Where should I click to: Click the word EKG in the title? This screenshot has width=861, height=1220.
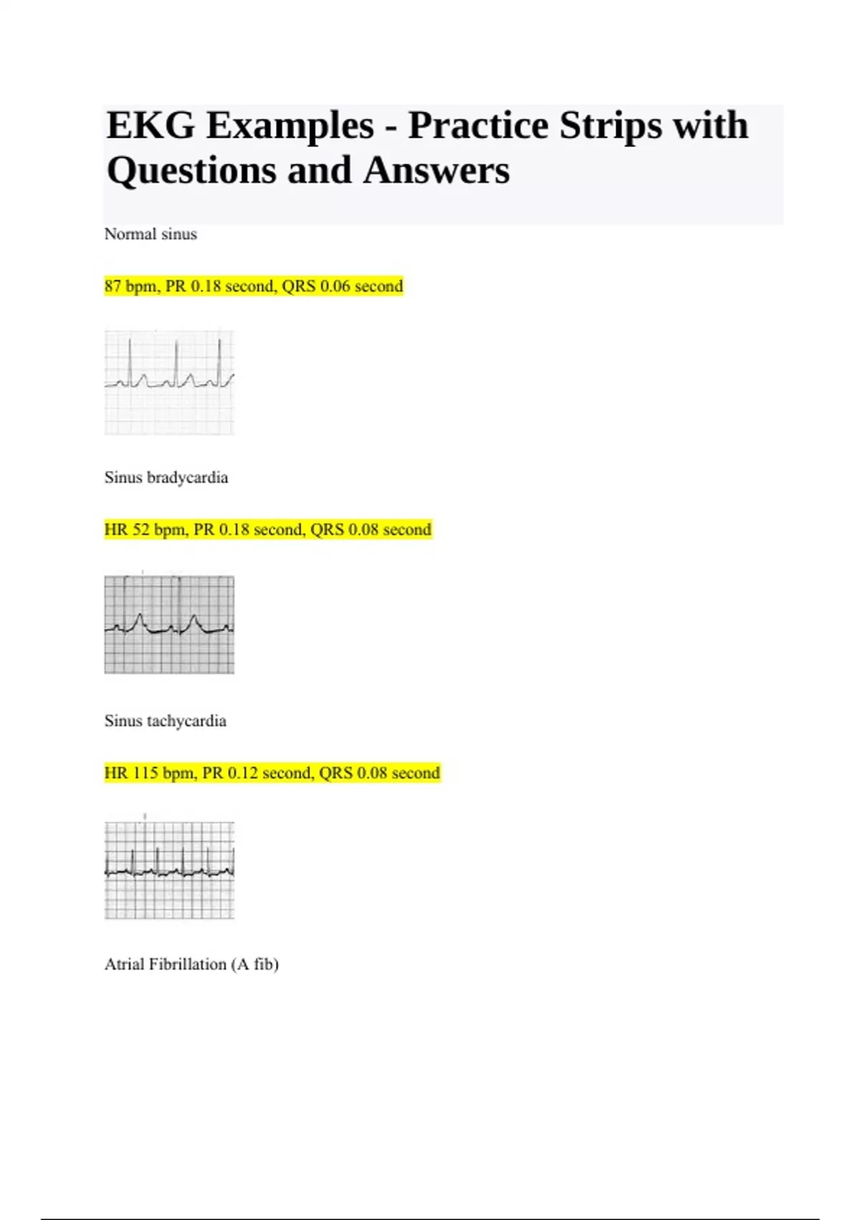coord(150,126)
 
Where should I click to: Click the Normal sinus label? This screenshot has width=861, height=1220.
coord(151,234)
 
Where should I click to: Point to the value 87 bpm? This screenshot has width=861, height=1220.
coord(131,286)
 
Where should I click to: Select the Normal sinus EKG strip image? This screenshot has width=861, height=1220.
coord(169,382)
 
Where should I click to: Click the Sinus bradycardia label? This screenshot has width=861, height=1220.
coord(166,477)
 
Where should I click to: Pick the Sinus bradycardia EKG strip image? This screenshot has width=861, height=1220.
coord(169,624)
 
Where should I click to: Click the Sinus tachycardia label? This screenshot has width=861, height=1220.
coord(165,721)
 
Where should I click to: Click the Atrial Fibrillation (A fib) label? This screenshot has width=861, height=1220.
coord(192,964)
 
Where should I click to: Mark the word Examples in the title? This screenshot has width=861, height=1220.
coord(290,126)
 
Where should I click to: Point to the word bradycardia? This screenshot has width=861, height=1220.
coord(187,477)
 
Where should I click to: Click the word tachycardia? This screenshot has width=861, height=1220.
coord(186,721)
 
